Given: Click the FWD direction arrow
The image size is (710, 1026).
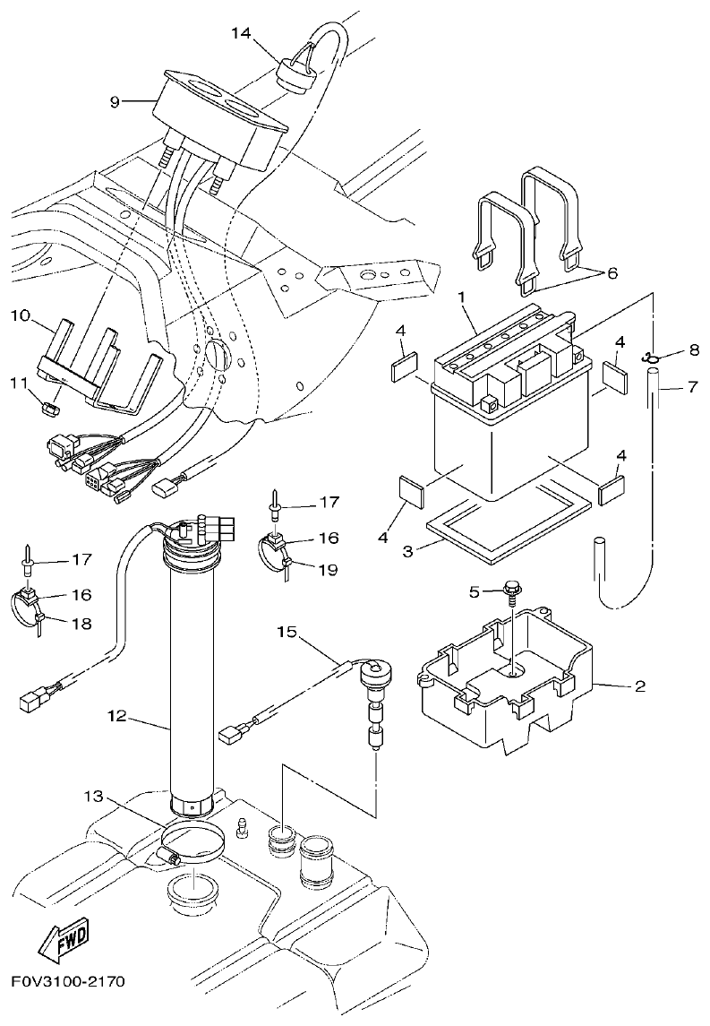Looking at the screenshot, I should coord(64,944).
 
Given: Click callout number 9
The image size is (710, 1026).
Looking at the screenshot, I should coord(114,101).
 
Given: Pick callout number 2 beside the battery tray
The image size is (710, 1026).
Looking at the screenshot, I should coord(639,687).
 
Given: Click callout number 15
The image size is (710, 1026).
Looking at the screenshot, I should coord(286,633).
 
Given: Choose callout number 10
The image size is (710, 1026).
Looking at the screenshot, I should coord(21,315).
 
